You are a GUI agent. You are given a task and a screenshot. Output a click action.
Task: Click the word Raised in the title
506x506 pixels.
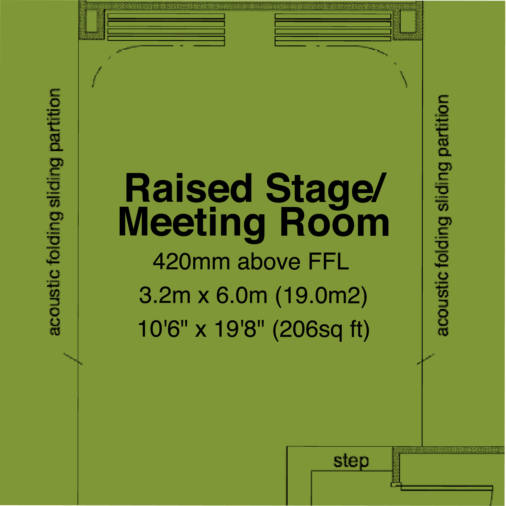pos(189,188)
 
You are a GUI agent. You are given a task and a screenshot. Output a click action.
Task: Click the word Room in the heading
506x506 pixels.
pos(334,222)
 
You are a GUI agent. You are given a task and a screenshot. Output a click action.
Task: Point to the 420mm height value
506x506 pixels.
pos(191,262)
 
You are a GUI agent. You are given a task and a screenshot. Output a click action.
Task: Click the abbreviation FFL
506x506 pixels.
pos(329,262)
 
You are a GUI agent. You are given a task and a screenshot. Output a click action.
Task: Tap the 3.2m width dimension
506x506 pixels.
pos(165,295)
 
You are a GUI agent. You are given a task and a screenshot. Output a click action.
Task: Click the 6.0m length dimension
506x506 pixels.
pos(242,295)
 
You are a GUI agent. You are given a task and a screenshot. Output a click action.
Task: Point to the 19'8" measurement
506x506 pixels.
pos(239,329)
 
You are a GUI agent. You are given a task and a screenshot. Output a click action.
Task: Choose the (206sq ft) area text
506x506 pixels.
pos(321,330)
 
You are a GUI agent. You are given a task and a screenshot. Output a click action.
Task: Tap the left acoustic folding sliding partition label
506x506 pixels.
pos(56,212)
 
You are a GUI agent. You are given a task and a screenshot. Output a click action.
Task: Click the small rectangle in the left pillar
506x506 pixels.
pos(92,21)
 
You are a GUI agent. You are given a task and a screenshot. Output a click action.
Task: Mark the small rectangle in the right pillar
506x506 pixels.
pos(408,21)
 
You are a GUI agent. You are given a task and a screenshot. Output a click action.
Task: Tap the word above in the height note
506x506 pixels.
pos(269,262)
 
